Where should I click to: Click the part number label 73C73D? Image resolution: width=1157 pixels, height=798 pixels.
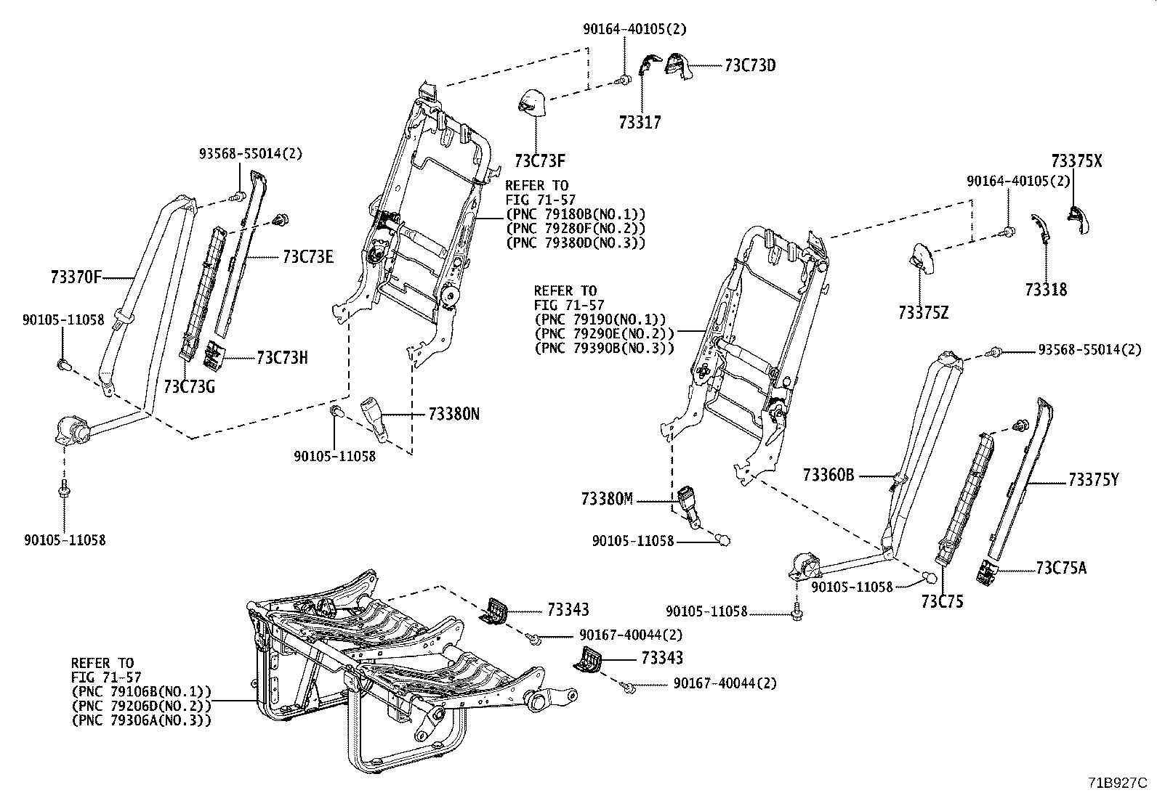click(x=750, y=65)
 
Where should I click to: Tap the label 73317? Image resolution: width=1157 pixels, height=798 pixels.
click(x=640, y=123)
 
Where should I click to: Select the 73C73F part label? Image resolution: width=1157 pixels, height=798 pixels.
click(x=540, y=160)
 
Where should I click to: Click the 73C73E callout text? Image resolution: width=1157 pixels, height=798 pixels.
click(x=308, y=256)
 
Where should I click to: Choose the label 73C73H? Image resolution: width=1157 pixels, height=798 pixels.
click(x=282, y=358)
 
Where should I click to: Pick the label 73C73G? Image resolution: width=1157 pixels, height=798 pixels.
click(x=189, y=386)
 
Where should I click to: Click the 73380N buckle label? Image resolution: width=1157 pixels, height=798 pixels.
click(x=454, y=415)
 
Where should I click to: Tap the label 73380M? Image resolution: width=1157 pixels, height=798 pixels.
click(x=607, y=500)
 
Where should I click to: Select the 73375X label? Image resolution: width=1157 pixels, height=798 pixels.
click(x=1076, y=161)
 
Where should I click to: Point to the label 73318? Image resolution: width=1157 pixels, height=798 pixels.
click(x=1046, y=290)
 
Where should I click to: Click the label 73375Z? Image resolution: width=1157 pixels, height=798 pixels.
click(x=923, y=313)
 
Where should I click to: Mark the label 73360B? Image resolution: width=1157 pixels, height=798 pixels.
click(x=829, y=476)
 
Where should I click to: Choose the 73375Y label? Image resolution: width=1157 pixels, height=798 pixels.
click(x=1094, y=480)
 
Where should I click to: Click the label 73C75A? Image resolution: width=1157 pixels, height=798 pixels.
click(x=1062, y=568)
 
